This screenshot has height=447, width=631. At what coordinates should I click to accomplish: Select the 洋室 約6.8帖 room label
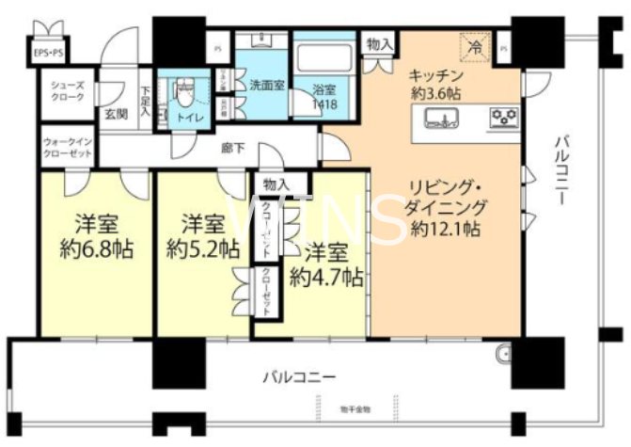point(96,237)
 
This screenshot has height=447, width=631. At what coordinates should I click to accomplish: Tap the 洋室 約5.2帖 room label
point(201,237)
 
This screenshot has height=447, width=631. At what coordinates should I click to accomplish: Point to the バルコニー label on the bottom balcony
point(298,377)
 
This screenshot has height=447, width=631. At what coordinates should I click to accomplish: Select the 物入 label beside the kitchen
point(379,44)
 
